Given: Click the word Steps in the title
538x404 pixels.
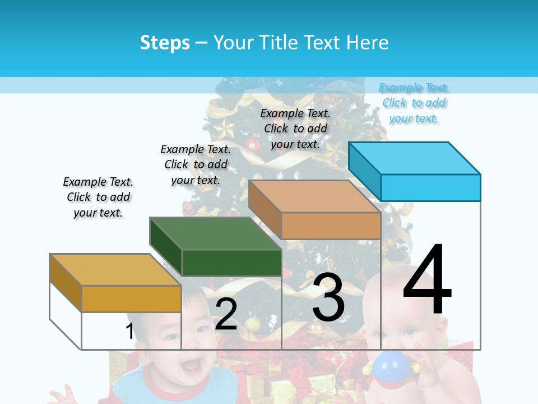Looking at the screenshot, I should click(x=165, y=43).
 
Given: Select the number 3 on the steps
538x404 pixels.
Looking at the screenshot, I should click(x=328, y=297).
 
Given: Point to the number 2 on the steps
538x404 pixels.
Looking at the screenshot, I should click(x=226, y=314).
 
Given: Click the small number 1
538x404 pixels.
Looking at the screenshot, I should click(x=129, y=331).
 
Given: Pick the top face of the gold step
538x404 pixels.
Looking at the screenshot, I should click(x=115, y=270).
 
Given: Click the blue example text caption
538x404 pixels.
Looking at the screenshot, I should click(x=414, y=103).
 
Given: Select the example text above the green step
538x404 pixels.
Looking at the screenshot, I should click(x=196, y=164).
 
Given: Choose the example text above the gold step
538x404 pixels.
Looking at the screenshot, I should click(x=98, y=197).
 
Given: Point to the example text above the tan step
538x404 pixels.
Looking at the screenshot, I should click(x=295, y=128).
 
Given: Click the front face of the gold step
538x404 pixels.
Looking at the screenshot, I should click(x=131, y=299).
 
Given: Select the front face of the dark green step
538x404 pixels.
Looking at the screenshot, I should click(x=231, y=263).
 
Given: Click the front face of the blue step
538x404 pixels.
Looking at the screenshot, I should click(x=430, y=187).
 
